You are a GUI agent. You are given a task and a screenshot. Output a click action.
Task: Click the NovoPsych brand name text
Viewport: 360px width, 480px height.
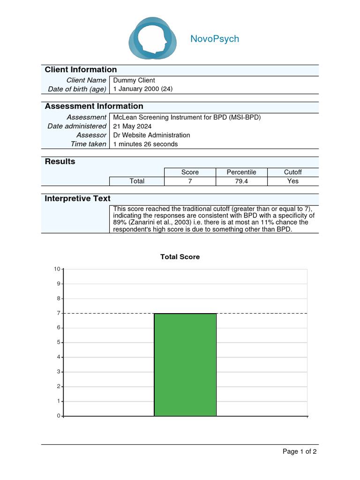click(215, 39)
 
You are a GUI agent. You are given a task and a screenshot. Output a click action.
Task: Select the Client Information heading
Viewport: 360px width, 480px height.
click(81, 70)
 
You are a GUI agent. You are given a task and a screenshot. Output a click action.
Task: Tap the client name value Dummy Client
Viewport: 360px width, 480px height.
click(134, 80)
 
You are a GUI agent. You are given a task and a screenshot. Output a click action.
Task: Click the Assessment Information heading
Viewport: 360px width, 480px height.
click(94, 106)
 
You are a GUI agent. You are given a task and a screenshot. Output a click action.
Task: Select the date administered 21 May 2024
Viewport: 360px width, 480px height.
click(133, 126)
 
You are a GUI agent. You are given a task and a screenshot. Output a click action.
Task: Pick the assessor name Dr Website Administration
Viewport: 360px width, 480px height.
click(152, 135)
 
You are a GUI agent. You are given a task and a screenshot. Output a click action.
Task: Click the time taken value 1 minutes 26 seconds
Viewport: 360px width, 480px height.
click(146, 144)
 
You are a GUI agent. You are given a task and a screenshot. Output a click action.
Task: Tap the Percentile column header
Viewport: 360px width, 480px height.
click(241, 172)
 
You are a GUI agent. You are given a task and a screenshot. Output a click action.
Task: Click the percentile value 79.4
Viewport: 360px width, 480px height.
click(241, 181)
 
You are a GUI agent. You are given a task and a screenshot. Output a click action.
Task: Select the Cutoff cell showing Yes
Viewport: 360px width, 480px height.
click(293, 181)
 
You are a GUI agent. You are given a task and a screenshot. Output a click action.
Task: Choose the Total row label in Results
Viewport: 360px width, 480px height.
click(137, 181)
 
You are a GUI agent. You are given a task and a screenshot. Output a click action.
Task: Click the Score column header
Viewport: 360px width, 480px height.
click(190, 172)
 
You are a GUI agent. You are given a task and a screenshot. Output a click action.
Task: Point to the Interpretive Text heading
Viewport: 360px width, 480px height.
click(77, 199)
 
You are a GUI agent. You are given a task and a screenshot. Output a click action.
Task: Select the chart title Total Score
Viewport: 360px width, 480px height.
click(180, 257)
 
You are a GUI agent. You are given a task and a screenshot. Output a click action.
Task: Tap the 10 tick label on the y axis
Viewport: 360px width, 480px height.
click(57, 269)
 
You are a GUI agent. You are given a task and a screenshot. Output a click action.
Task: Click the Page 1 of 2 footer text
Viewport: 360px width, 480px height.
click(300, 451)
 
